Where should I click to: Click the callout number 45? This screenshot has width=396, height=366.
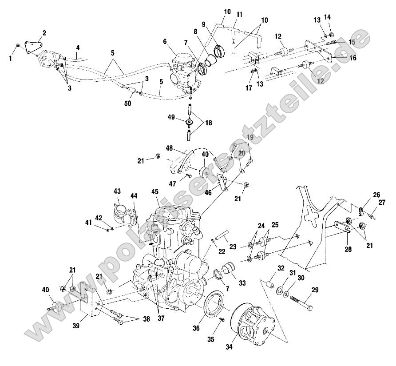[155, 192]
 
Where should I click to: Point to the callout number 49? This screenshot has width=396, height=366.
[170, 117]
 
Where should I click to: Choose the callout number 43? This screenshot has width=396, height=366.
[117, 191]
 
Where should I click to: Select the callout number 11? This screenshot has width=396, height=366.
[239, 15]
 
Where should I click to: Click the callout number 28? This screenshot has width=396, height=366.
[348, 250]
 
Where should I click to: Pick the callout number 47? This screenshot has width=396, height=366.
[173, 183]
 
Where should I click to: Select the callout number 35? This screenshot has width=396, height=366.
[210, 339]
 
